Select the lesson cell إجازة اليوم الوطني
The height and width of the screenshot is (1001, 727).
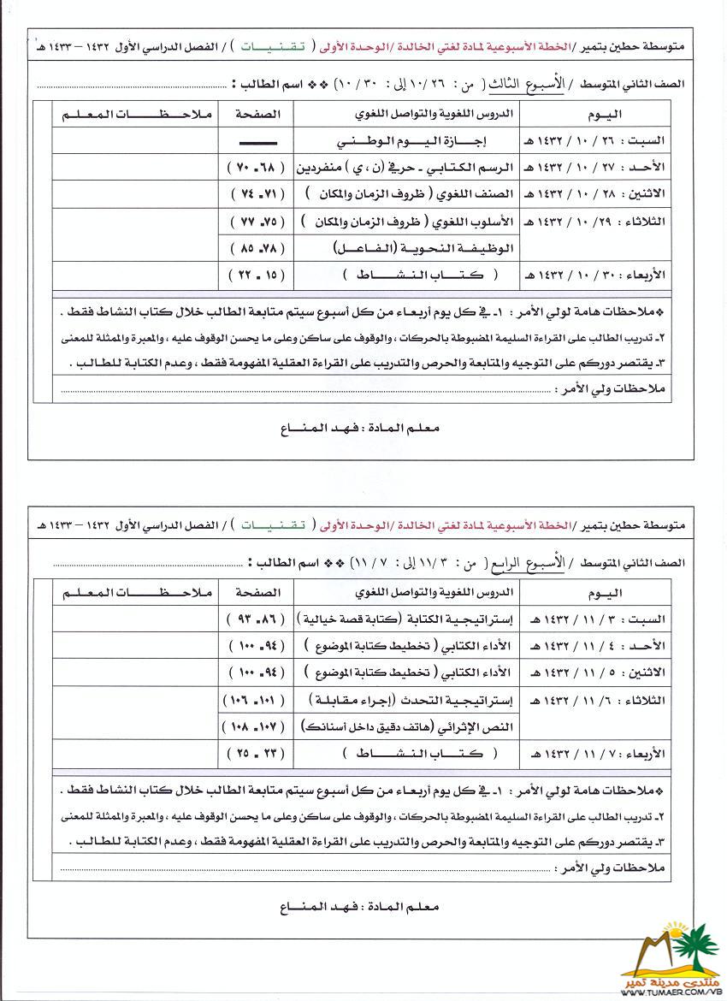(x=407, y=139)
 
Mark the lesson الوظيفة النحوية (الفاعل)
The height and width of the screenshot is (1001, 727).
(x=409, y=249)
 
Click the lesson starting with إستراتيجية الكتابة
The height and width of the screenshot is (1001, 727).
(x=407, y=618)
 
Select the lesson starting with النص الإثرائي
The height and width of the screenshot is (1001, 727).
(x=409, y=727)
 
